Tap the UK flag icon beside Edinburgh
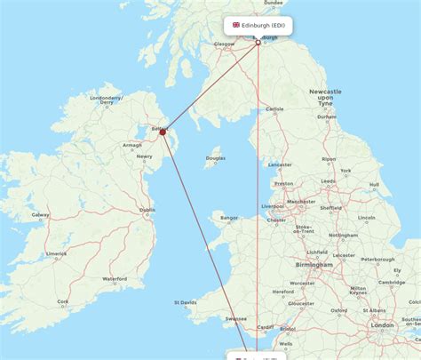click(x=236, y=25)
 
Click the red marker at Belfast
click(x=163, y=133)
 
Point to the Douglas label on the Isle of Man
click(x=215, y=160)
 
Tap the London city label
click(x=383, y=325)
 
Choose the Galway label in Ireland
click(x=40, y=214)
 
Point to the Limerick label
click(x=56, y=255)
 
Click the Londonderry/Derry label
click(x=106, y=100)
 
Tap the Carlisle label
click(x=274, y=109)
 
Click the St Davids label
click(x=185, y=303)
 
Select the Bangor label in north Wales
click(x=229, y=217)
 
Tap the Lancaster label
click(x=282, y=164)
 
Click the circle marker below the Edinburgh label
click(x=258, y=41)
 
